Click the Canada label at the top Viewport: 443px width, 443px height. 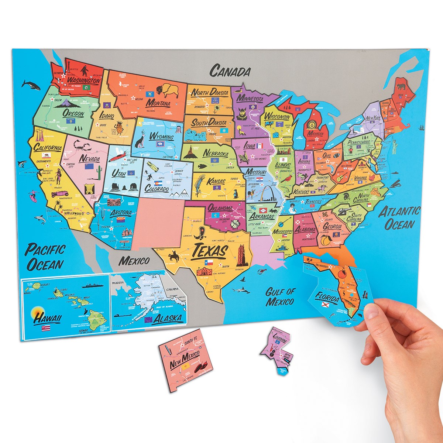pos(230,70)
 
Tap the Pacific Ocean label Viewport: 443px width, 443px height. pos(45,257)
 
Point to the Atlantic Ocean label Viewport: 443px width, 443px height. pos(400,218)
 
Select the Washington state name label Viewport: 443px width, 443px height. pos(83,81)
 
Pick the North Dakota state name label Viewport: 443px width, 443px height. pos(209,92)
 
